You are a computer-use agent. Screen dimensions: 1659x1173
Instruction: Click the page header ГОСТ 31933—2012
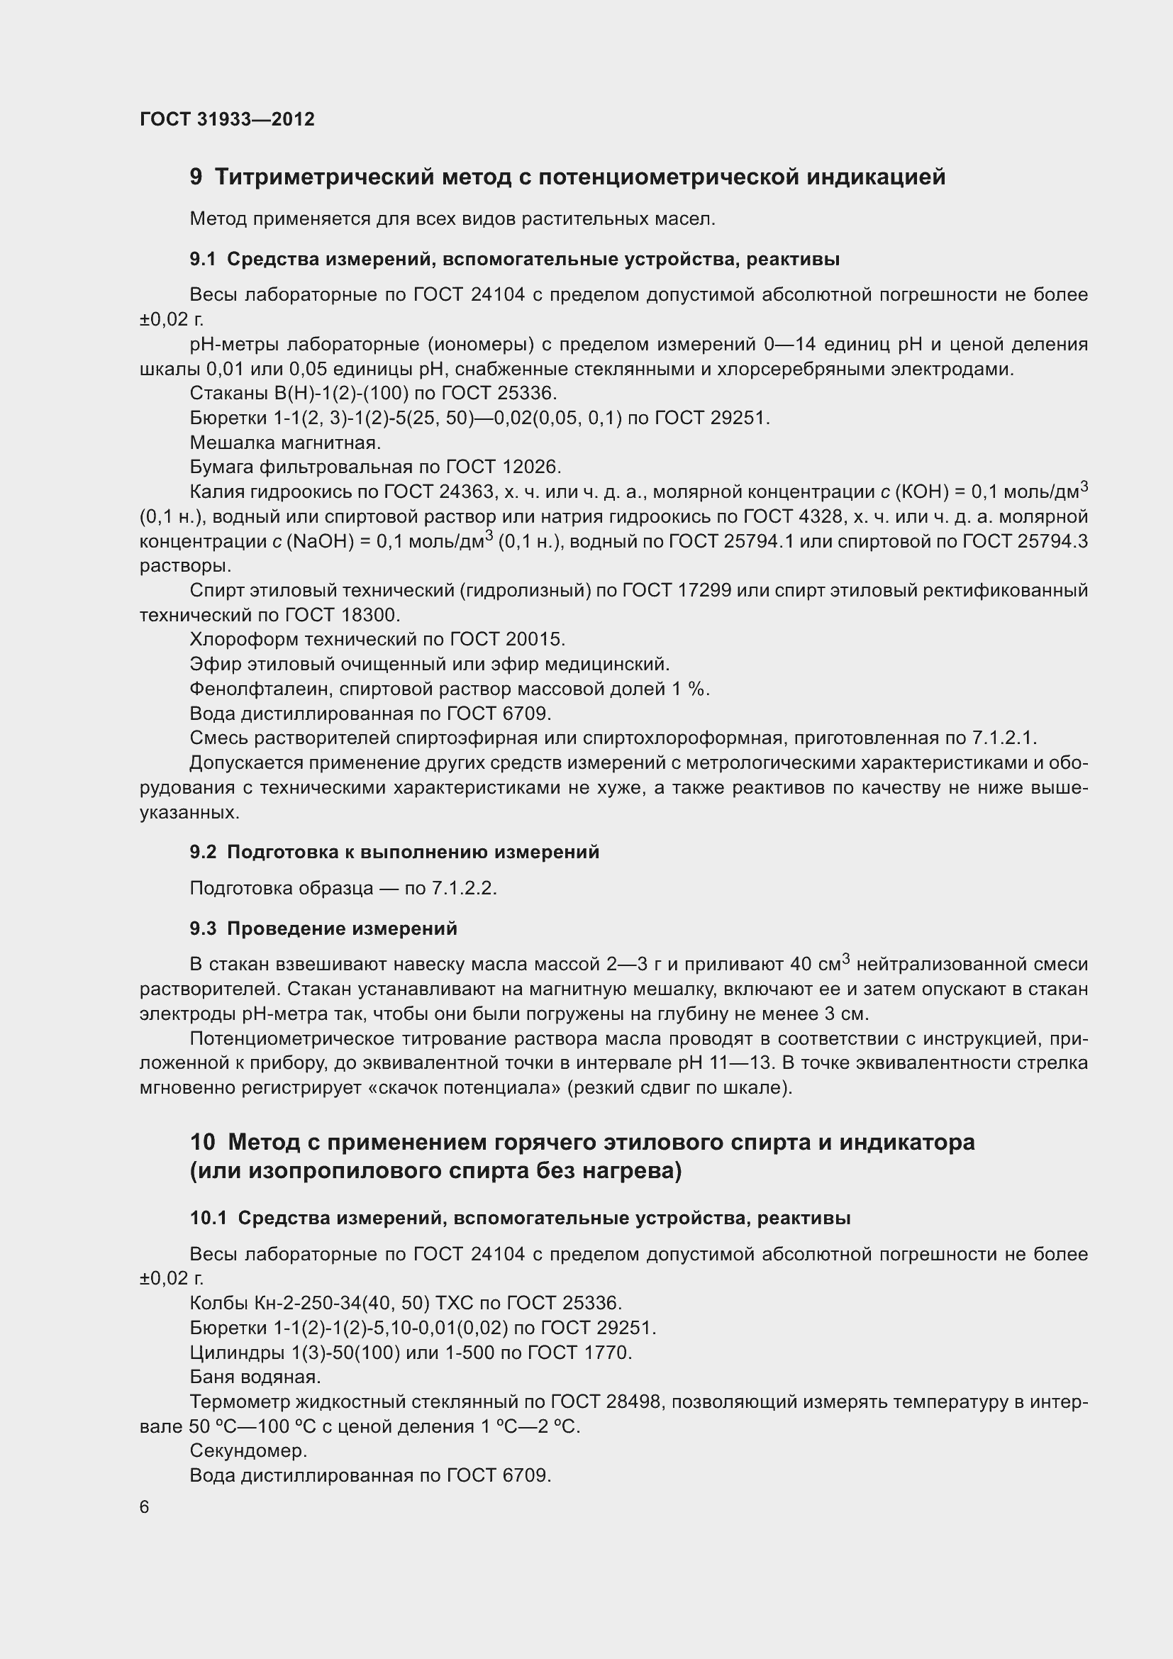227,119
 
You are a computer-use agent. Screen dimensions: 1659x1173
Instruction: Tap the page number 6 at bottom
145,1507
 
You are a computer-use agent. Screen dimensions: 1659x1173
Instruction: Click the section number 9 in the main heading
196,177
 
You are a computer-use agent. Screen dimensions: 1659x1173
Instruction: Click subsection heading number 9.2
203,852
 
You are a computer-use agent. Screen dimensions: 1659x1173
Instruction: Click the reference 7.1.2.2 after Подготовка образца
464,888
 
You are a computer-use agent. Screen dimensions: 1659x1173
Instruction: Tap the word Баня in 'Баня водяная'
212,1377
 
